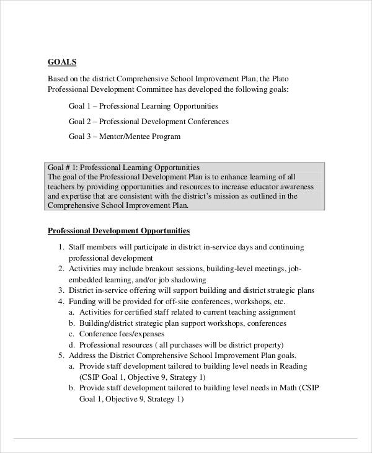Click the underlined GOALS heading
pos(62,61)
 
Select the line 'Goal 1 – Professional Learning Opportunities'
pos(143,106)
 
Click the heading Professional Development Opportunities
pos(119,231)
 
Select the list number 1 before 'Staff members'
pos(61,247)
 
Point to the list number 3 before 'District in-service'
pos(61,290)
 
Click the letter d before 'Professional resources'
pos(71,344)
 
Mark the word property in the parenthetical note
pos(267,344)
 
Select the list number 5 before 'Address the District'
pos(61,356)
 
